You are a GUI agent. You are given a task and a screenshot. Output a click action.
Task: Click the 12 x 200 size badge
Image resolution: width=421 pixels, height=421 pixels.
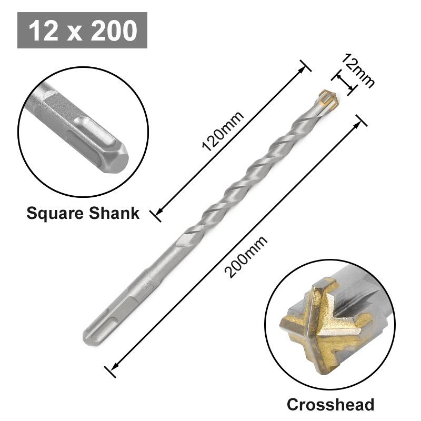[82, 31]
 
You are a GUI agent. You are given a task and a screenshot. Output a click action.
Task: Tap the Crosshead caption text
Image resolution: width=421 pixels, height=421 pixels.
[330, 404]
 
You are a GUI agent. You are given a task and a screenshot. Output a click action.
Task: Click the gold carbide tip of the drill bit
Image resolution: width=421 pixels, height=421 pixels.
[326, 98]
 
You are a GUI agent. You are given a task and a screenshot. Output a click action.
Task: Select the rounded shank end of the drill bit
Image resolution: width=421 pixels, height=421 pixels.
[90, 337]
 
